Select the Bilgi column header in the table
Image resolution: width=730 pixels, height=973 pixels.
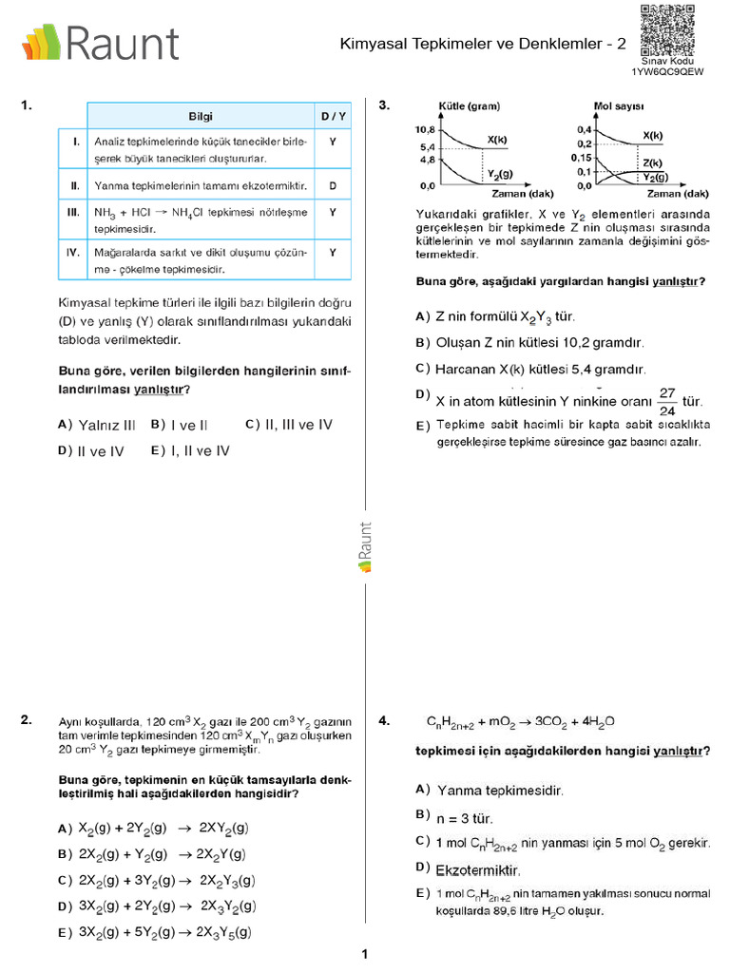click(x=201, y=115)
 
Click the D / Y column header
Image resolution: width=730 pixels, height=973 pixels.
click(x=333, y=115)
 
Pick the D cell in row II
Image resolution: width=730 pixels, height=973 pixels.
click(x=333, y=185)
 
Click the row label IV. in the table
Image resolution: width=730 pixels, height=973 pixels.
click(x=73, y=253)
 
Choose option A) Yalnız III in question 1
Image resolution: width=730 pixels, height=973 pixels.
click(x=97, y=425)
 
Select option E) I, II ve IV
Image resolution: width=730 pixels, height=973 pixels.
click(x=190, y=451)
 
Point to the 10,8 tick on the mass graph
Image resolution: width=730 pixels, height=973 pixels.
click(x=424, y=129)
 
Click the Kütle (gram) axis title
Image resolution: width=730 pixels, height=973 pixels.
click(x=469, y=106)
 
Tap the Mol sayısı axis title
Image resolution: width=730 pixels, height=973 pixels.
click(x=619, y=106)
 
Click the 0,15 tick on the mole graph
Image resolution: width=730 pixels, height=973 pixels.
click(x=580, y=158)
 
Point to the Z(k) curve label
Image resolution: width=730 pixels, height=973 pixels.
click(x=652, y=162)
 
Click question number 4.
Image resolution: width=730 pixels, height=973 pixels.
click(x=384, y=721)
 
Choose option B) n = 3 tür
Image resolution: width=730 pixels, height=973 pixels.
click(x=455, y=816)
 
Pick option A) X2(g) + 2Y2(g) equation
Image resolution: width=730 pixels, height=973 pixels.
click(x=153, y=829)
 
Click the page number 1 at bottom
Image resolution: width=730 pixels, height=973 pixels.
click(x=364, y=954)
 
